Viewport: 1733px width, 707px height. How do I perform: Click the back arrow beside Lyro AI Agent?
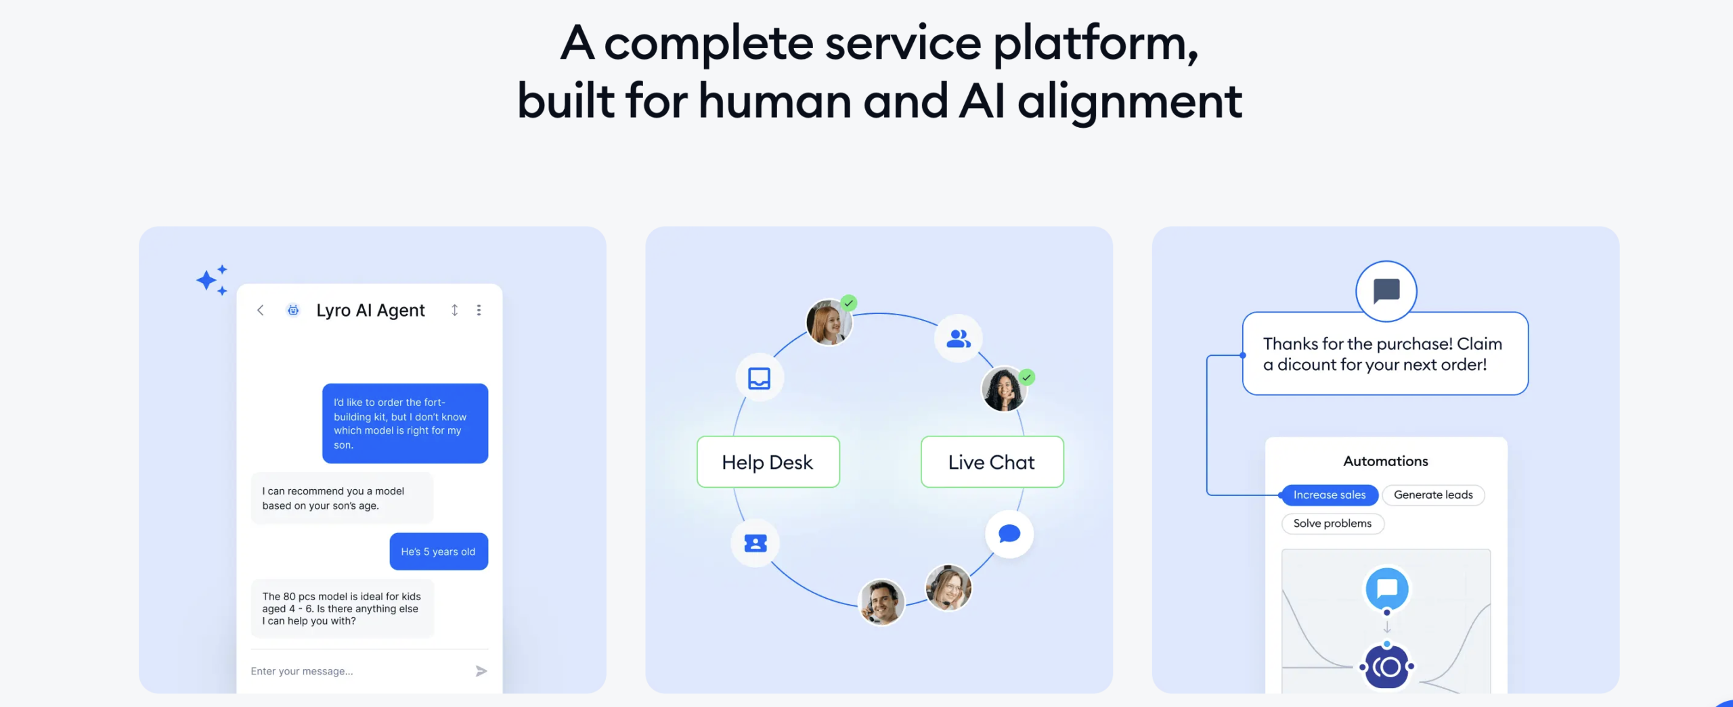pyautogui.click(x=261, y=310)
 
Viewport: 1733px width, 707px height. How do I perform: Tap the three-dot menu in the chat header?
pyautogui.click(x=479, y=310)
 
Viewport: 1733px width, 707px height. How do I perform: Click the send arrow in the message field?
pyautogui.click(x=481, y=671)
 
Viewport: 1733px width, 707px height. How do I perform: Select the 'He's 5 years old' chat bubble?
pyautogui.click(x=438, y=551)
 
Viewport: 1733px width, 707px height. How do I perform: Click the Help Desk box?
pyautogui.click(x=768, y=462)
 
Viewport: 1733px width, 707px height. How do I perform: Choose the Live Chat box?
pyautogui.click(x=992, y=462)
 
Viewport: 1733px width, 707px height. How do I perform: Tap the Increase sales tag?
pyautogui.click(x=1329, y=495)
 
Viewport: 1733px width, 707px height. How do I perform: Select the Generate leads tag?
pyautogui.click(x=1433, y=495)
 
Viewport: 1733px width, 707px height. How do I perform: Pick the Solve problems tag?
pyautogui.click(x=1332, y=524)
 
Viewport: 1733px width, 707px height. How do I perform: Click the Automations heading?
pyautogui.click(x=1386, y=461)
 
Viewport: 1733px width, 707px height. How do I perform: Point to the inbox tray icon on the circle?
pyautogui.click(x=760, y=378)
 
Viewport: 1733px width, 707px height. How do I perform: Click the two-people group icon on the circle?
pyautogui.click(x=959, y=338)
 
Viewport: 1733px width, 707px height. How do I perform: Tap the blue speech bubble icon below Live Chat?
pyautogui.click(x=1009, y=534)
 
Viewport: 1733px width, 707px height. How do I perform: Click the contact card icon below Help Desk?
pyautogui.click(x=755, y=543)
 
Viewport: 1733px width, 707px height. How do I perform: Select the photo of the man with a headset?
pyautogui.click(x=881, y=601)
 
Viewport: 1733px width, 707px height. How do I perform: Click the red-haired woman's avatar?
pyautogui.click(x=829, y=323)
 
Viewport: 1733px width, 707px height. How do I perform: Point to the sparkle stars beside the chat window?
pyautogui.click(x=213, y=280)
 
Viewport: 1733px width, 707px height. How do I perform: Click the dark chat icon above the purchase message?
pyautogui.click(x=1386, y=292)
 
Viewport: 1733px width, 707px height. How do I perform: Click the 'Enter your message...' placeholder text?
pyautogui.click(x=302, y=671)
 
